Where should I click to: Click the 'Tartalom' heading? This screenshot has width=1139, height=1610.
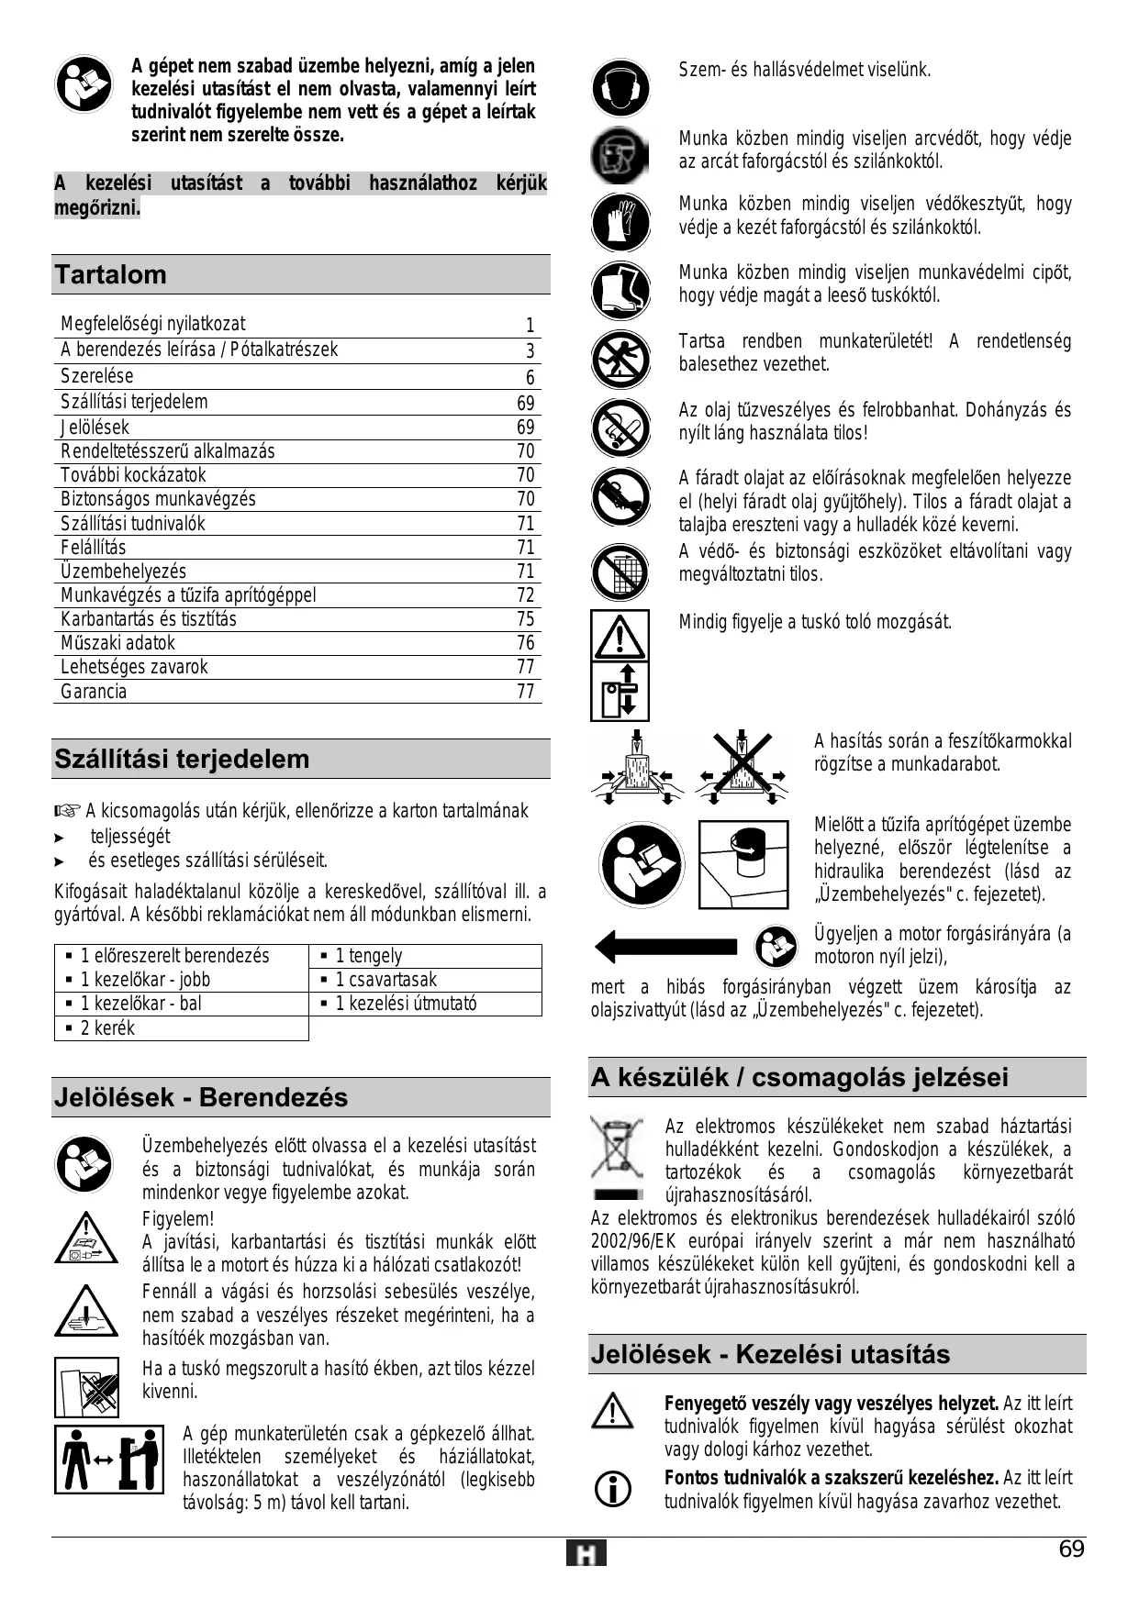coord(111,274)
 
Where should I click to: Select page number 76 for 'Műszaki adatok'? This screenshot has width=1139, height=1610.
coord(525,643)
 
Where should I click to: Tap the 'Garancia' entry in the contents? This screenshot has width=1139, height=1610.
coord(94,692)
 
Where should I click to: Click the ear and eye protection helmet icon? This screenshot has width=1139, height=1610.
coord(620,87)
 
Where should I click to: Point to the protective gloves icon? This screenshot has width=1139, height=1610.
coord(620,223)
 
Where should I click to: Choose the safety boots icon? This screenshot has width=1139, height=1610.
coord(620,291)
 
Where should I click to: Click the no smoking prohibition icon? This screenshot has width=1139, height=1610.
coord(620,427)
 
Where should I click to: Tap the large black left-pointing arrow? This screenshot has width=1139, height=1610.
coord(665,946)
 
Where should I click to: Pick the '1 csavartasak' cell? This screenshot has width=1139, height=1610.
coord(385,980)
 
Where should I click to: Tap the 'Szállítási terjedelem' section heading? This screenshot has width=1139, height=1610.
coord(182,759)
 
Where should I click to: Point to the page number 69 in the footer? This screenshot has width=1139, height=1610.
coord(1071,1549)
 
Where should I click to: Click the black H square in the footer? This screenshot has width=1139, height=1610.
coord(586,1554)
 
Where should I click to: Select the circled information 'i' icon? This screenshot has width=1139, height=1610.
coord(613,1489)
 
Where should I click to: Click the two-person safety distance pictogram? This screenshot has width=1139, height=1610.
coord(108,1459)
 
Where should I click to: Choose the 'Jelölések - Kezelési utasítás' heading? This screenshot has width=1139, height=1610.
coord(770,1354)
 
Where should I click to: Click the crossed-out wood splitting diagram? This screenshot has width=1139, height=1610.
coord(743,767)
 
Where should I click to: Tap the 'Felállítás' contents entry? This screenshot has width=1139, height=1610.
coord(94,548)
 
